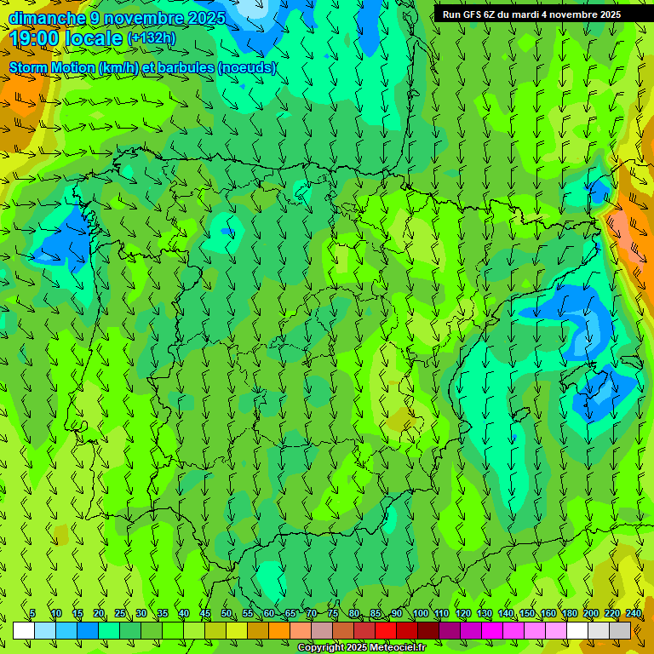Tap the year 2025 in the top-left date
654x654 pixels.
coord(204,18)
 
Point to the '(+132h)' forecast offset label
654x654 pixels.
coord(152,38)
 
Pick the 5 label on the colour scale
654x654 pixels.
coord(32,613)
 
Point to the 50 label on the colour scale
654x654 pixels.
coord(227,613)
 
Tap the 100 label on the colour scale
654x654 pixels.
coord(420,613)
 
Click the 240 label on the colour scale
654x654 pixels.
coord(634,613)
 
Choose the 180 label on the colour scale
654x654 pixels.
coord(569,613)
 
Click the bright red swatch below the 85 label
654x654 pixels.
coord(386,631)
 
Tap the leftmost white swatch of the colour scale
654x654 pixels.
coord(24,631)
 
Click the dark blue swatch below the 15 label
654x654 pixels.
coord(88,631)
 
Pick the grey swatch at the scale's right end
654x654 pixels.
coord(620,631)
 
